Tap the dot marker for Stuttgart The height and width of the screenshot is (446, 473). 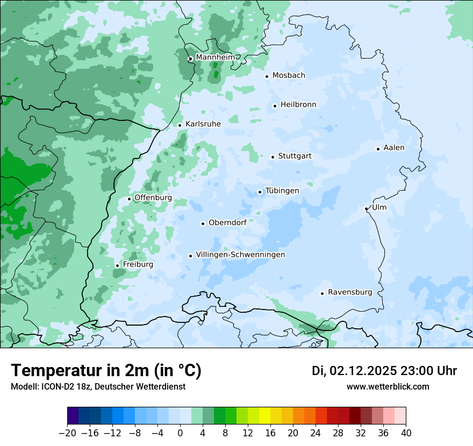tap(273, 157)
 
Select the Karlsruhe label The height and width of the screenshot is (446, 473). tap(203, 124)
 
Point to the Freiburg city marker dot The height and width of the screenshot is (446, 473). tap(117, 265)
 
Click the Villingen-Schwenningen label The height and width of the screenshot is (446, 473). tap(240, 255)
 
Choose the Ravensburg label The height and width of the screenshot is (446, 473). tap(349, 292)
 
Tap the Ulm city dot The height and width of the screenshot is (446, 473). tap(366, 208)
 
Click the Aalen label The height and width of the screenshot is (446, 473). tap(394, 148)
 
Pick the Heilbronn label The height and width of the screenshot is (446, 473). tap(298, 105)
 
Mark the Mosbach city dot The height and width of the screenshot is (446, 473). tap(267, 76)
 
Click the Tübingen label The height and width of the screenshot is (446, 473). tap(282, 191)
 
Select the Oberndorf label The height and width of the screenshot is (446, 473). tap(227, 222)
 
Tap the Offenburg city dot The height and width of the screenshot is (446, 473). tap(129, 199)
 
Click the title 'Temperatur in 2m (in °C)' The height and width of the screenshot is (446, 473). tap(106, 370)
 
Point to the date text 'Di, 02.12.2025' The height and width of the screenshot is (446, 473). tap(354, 371)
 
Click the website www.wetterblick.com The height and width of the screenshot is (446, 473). tap(388, 386)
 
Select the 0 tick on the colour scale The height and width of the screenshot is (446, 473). tap(180, 433)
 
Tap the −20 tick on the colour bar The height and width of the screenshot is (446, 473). tap(67, 433)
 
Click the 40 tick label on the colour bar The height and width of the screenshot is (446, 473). tap(406, 433)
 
